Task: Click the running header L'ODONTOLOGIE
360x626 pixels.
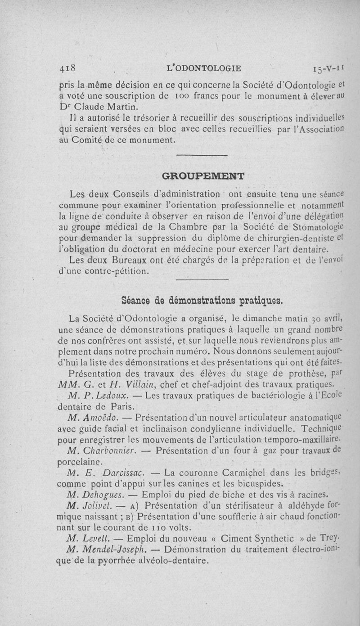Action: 203,68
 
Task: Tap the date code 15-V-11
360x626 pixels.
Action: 328,69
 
